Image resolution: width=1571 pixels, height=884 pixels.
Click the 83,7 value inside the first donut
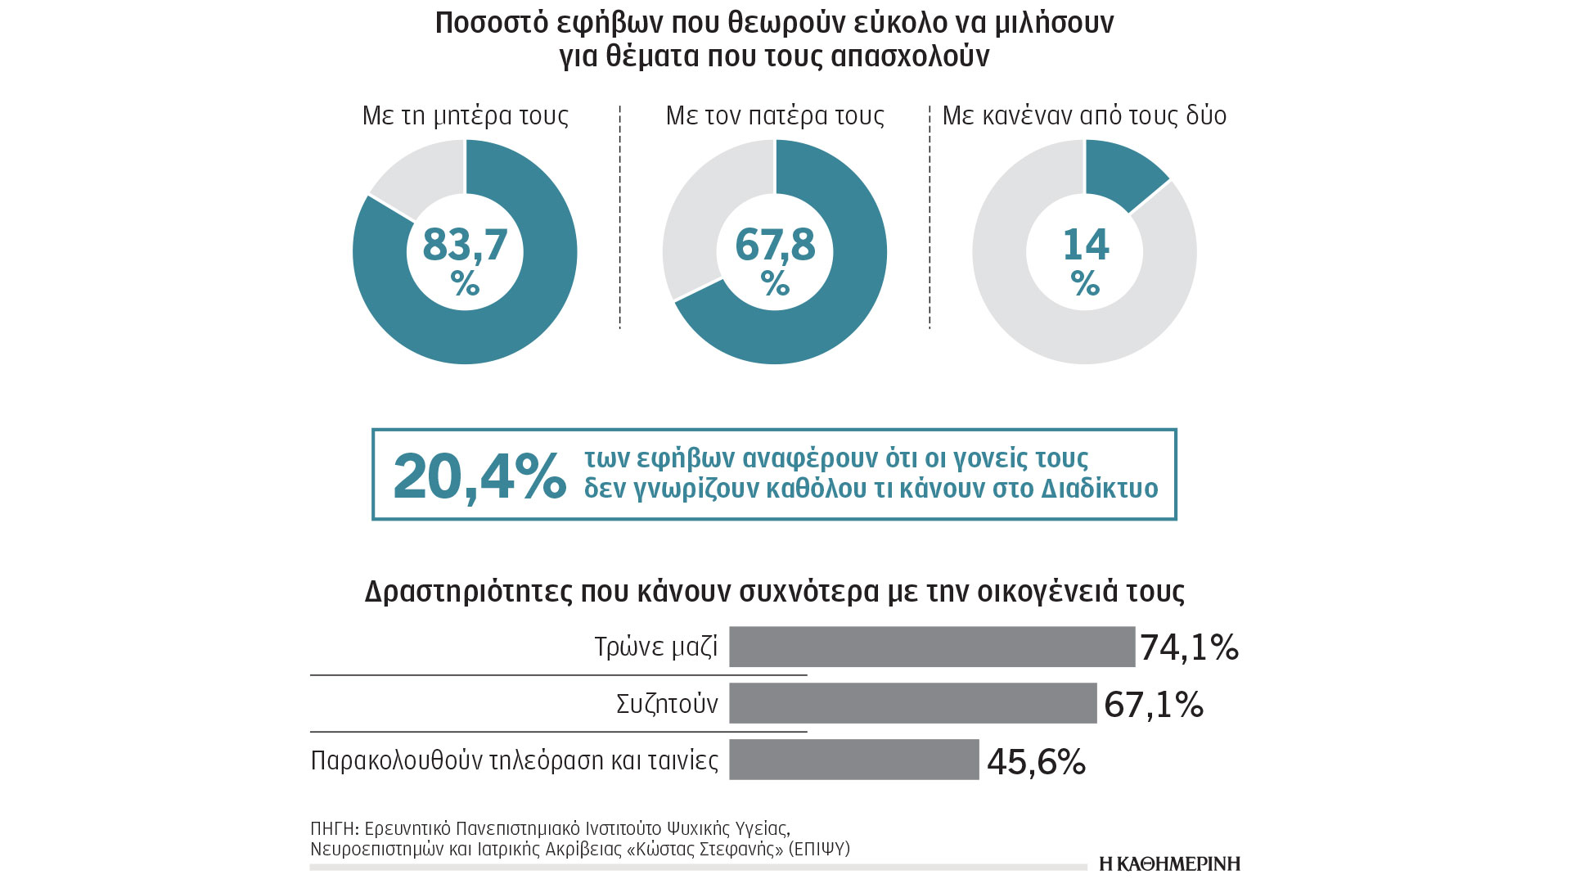(x=465, y=245)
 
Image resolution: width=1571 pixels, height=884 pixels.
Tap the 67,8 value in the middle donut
(x=775, y=245)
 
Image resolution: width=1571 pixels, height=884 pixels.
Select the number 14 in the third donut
(x=1085, y=245)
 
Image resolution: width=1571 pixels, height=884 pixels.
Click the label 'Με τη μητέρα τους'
(x=465, y=115)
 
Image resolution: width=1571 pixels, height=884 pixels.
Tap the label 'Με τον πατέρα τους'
(x=775, y=115)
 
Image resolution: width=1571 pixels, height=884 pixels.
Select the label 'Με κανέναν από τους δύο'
(x=1084, y=115)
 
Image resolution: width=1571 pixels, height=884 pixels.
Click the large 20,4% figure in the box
(x=479, y=476)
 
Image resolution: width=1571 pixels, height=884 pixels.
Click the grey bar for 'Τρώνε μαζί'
(x=932, y=647)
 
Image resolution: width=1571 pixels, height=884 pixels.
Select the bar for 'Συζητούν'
(x=912, y=703)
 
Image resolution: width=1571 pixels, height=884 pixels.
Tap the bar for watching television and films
(x=853, y=760)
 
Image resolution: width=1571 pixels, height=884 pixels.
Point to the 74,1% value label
(x=1189, y=647)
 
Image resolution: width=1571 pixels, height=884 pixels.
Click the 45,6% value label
(x=1036, y=762)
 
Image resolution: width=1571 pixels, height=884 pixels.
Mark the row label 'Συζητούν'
(x=667, y=704)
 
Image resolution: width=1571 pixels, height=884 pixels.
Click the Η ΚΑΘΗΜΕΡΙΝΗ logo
(x=1169, y=864)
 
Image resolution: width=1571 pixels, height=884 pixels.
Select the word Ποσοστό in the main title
(x=491, y=23)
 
